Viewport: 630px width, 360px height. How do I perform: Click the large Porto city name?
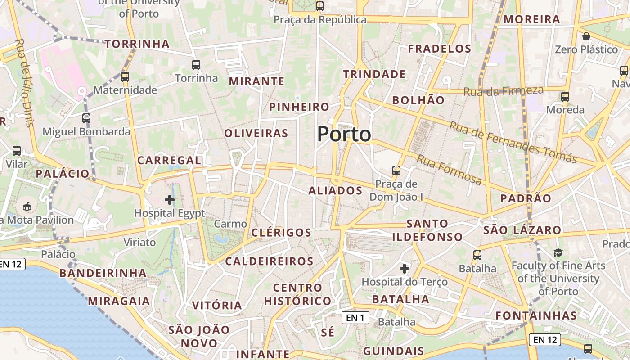[344, 134]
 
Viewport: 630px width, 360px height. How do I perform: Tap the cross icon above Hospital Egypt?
[170, 199]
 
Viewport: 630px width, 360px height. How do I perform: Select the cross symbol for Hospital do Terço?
[405, 269]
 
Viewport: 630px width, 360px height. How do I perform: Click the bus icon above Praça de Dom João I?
[396, 171]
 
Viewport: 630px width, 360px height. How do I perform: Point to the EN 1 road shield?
[355, 318]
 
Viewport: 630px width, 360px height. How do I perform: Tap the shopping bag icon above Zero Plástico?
[586, 36]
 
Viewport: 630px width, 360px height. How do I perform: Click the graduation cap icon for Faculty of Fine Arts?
[558, 252]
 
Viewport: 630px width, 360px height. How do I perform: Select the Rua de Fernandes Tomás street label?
[513, 142]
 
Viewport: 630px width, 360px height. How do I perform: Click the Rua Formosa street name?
[449, 170]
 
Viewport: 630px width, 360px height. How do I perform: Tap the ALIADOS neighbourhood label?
[335, 191]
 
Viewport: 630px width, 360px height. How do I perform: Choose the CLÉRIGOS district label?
[281, 233]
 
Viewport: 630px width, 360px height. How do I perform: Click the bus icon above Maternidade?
[125, 77]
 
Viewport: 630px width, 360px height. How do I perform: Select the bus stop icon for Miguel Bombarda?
[86, 118]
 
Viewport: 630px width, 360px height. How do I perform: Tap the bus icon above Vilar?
[17, 151]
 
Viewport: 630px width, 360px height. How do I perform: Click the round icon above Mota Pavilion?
[27, 207]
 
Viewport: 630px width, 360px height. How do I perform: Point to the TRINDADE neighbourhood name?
[374, 74]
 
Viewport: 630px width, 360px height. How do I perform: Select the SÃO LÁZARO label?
[522, 230]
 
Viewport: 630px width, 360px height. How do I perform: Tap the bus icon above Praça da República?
[320, 6]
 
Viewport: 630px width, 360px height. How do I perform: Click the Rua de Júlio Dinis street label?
[25, 83]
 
